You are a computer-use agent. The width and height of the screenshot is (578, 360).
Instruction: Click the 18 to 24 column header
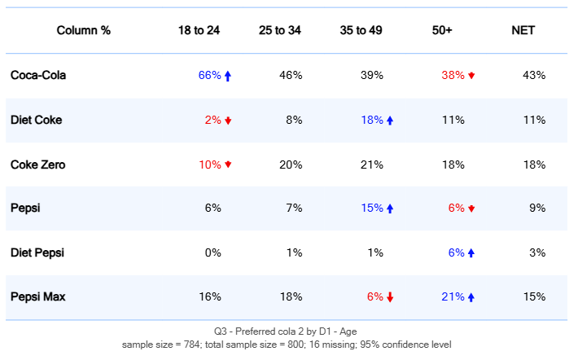click(x=199, y=30)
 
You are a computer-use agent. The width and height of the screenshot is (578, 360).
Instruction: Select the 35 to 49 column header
click(x=361, y=30)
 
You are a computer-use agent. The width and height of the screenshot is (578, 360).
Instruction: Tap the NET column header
click(x=523, y=30)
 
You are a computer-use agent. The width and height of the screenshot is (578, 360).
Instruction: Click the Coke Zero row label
click(x=37, y=165)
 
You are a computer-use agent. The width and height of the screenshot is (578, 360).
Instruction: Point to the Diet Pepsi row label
click(x=37, y=252)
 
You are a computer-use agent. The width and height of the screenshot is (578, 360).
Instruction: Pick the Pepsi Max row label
click(x=38, y=296)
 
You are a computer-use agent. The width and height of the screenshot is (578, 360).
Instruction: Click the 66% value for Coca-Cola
click(x=209, y=75)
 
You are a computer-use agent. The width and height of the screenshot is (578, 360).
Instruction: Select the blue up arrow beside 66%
click(x=228, y=76)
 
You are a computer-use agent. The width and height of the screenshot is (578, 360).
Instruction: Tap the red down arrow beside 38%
click(x=471, y=76)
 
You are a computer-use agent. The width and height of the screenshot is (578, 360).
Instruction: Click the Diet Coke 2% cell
click(x=212, y=120)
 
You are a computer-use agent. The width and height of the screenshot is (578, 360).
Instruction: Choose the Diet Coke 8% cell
click(x=294, y=120)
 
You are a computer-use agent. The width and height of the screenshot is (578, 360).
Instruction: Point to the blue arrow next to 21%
click(x=471, y=297)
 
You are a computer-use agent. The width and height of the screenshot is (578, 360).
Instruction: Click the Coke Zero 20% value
click(x=291, y=165)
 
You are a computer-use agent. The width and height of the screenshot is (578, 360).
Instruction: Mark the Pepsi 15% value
click(x=372, y=208)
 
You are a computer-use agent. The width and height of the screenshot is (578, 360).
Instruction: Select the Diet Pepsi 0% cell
click(x=212, y=252)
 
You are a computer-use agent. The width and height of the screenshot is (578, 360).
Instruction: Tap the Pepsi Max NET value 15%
click(x=534, y=296)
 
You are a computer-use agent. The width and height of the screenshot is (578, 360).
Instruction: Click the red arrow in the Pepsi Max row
click(x=390, y=297)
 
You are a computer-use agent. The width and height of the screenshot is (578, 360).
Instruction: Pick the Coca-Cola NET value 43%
click(x=534, y=75)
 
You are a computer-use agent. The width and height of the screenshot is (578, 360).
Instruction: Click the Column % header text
click(x=83, y=30)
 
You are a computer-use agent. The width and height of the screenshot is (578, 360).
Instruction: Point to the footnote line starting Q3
click(x=286, y=331)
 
